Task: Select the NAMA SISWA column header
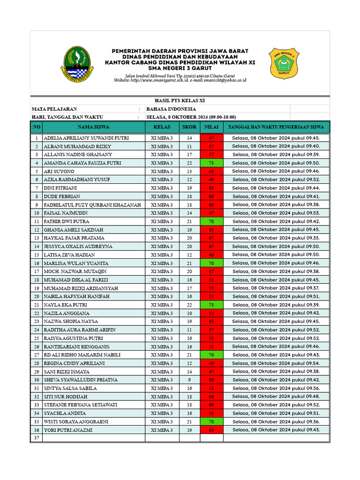(x=93, y=127)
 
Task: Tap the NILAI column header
(x=211, y=127)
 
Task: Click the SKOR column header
(x=189, y=127)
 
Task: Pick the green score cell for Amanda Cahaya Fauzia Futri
(x=211, y=163)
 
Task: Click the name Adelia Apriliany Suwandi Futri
(x=86, y=138)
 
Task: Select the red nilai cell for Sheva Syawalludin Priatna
(x=211, y=380)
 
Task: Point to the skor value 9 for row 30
(x=189, y=380)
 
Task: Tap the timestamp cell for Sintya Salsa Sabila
(x=276, y=388)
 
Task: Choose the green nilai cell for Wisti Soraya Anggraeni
(x=211, y=422)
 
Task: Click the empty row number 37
(x=36, y=438)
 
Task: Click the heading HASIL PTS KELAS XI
(x=180, y=101)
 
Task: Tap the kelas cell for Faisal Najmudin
(x=162, y=213)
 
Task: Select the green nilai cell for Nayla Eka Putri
(x=211, y=305)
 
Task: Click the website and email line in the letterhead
(x=180, y=81)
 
